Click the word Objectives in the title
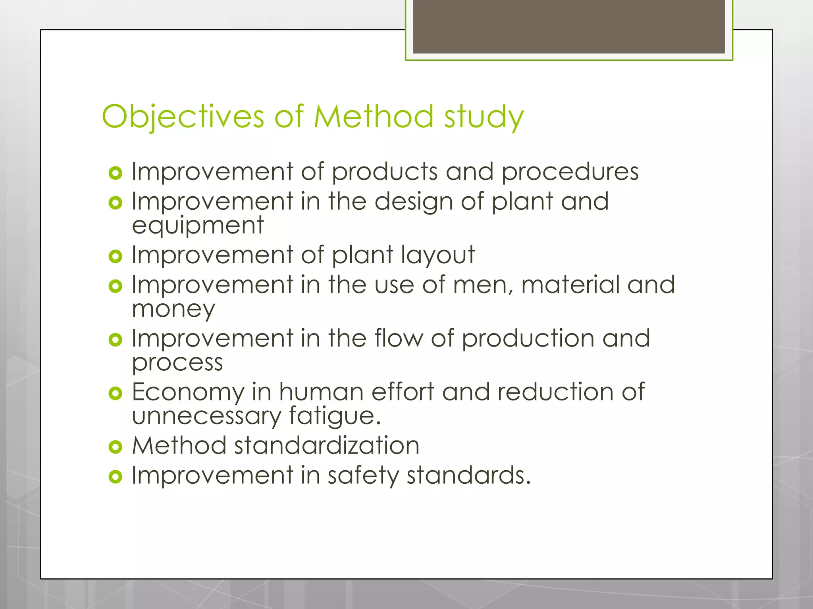pyautogui.click(x=183, y=117)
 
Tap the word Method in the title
pyautogui.click(x=373, y=117)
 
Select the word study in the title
pyautogui.click(x=484, y=118)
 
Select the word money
pyautogui.click(x=173, y=309)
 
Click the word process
pyautogui.click(x=177, y=363)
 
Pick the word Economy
pyautogui.click(x=188, y=393)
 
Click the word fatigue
pyautogui.click(x=334, y=416)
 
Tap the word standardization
pyautogui.click(x=327, y=446)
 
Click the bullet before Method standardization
pyautogui.click(x=115, y=447)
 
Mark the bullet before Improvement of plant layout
pyautogui.click(x=115, y=256)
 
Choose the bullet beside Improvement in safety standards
pyautogui.click(x=115, y=477)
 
